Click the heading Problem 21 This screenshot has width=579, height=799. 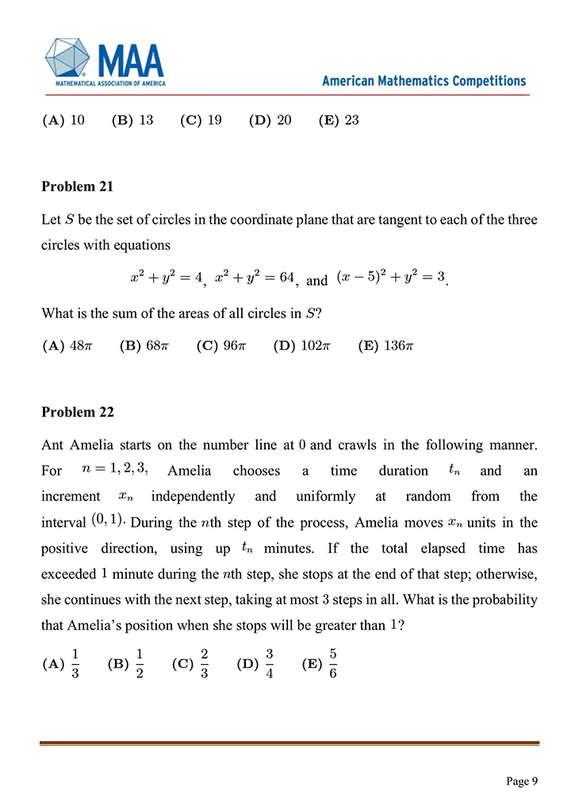77,186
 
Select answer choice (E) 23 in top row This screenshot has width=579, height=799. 339,121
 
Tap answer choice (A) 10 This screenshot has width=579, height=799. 63,121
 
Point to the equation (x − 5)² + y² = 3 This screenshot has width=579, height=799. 390,278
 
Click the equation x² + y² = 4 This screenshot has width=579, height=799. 167,278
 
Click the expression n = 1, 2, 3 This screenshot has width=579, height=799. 115,470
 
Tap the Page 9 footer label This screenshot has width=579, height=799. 522,781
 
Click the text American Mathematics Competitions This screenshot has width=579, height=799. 424,81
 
